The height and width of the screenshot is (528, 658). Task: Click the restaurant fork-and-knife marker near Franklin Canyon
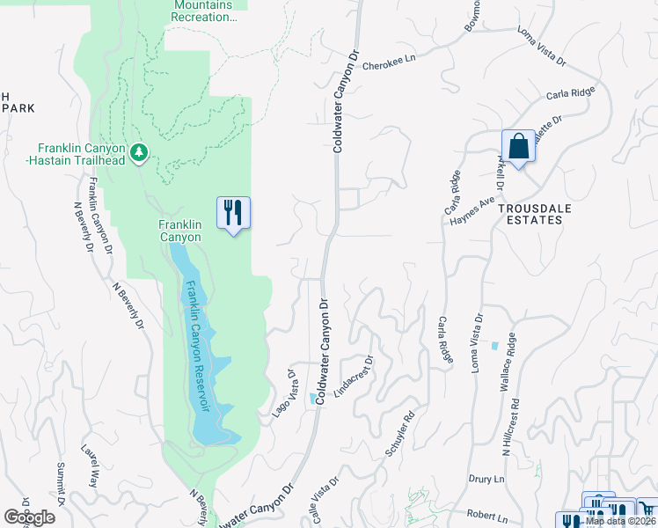(234, 212)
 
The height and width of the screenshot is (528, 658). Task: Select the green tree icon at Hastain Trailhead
(139, 154)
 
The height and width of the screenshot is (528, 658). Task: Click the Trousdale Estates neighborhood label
(530, 214)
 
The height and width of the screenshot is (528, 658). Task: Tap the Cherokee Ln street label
(388, 64)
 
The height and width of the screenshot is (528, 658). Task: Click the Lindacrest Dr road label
(354, 373)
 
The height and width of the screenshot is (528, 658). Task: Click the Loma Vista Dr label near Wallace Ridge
(477, 343)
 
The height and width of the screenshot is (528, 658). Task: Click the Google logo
(29, 517)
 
